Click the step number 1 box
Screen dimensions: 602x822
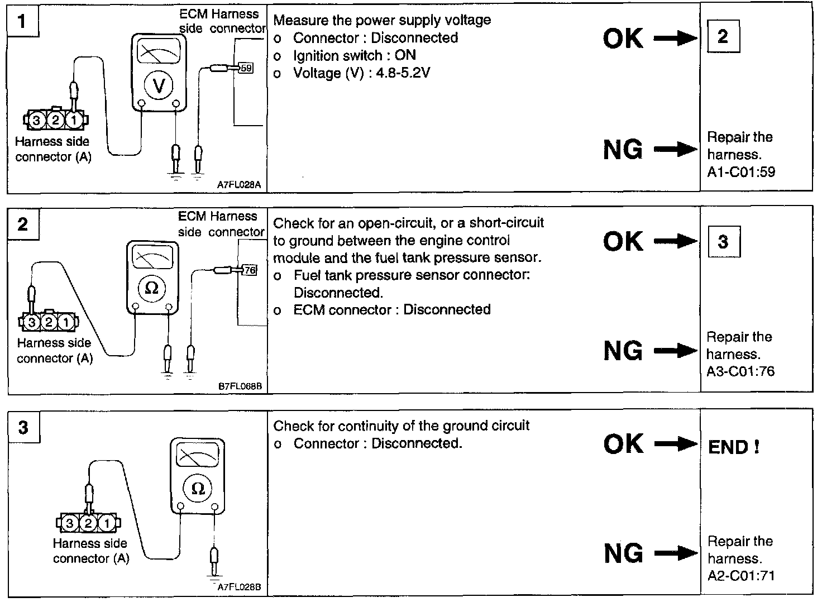[x=22, y=22]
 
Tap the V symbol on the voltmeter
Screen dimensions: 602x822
[x=159, y=85]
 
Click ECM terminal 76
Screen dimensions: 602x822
[x=250, y=270]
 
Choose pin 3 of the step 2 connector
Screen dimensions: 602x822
[x=32, y=322]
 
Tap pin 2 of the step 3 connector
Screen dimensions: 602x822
[x=88, y=523]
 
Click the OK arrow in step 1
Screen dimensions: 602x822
[x=675, y=39]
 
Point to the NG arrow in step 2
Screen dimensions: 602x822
[x=675, y=351]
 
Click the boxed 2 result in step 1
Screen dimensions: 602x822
[x=723, y=37]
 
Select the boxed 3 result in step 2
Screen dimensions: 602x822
[x=723, y=241]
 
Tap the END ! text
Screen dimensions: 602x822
[x=733, y=447]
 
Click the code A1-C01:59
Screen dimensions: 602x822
[x=741, y=172]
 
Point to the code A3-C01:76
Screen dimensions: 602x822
[x=740, y=371]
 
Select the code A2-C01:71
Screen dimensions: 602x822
[x=741, y=576]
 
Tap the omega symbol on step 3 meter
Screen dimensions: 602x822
[x=198, y=489]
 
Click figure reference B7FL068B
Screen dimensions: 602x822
[x=240, y=385]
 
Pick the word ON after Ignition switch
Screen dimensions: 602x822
[x=405, y=55]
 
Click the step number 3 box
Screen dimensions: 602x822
[x=23, y=427]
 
